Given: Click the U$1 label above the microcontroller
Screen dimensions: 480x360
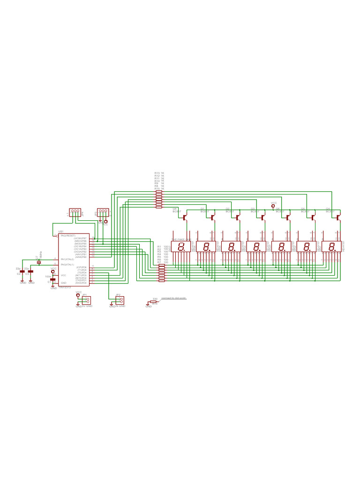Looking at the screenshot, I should (x=60, y=232).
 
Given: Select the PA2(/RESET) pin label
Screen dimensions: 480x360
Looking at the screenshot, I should (x=68, y=235).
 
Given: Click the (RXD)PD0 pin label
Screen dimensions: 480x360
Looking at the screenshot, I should (x=81, y=283).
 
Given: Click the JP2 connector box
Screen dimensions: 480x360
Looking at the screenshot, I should (x=120, y=300).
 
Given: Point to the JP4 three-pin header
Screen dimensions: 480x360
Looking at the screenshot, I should (x=75, y=212).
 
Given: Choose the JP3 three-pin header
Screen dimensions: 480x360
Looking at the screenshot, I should (x=103, y=212).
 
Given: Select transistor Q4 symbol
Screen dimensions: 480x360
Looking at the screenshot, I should (x=338, y=217).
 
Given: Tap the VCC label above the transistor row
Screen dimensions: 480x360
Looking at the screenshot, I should (x=274, y=203).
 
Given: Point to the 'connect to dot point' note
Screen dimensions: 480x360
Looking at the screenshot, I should (x=173, y=298).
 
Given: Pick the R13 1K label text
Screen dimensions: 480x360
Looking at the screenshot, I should (x=159, y=173).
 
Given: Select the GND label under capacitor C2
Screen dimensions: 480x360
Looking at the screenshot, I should (x=22, y=283).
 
